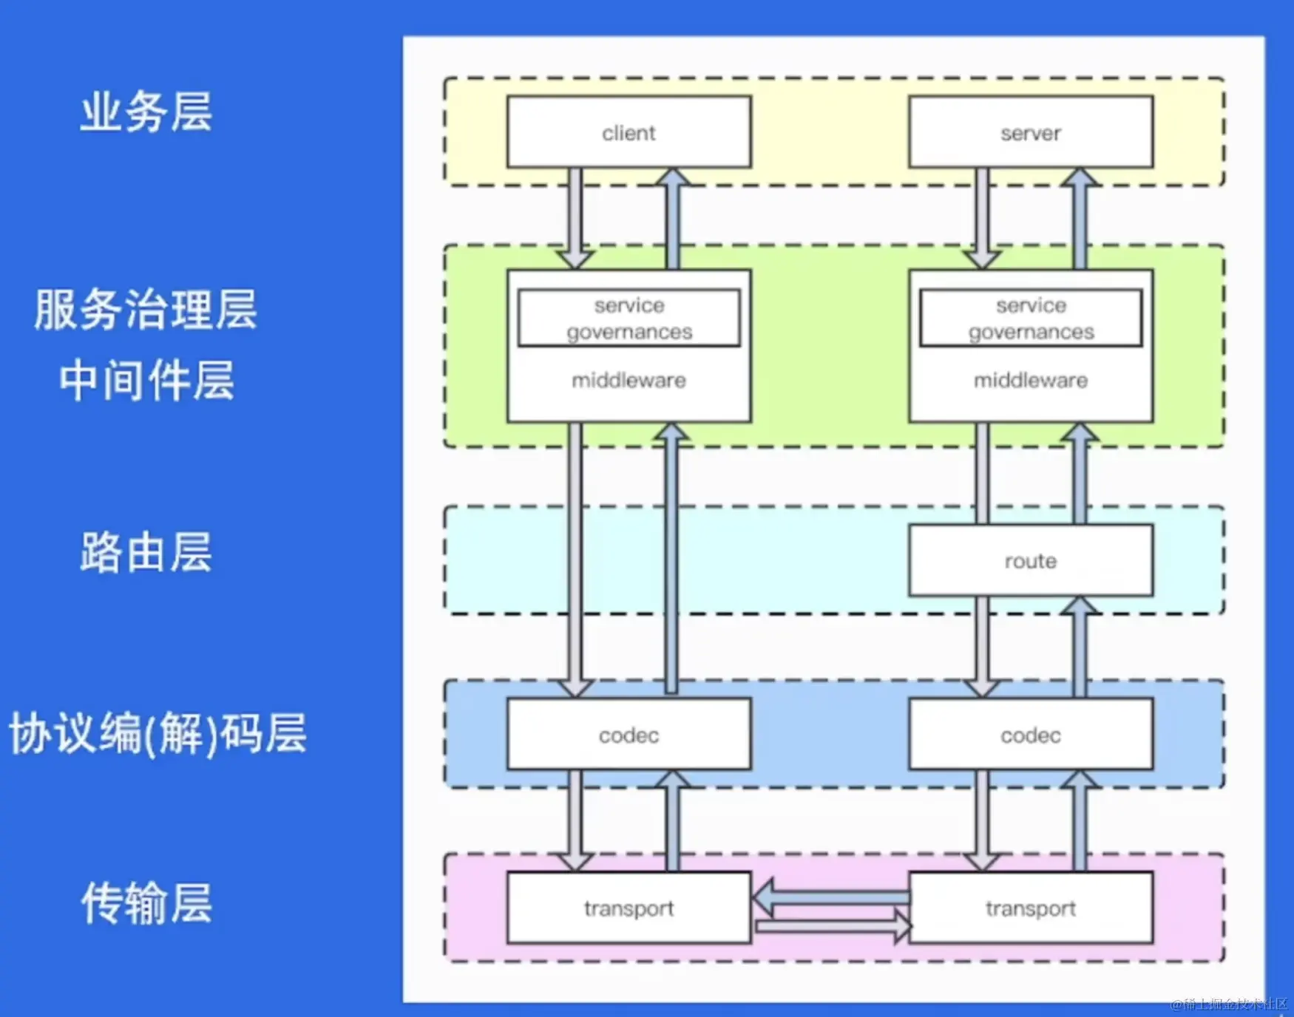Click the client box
[x=629, y=132]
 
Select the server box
[x=1030, y=132]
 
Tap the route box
[x=1030, y=560]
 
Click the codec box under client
[x=629, y=735]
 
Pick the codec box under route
[x=1030, y=735]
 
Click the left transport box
[x=629, y=908]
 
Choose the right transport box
[x=1030, y=908]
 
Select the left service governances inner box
[x=629, y=319]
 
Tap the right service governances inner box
[x=1030, y=319]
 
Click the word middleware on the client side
[x=629, y=380]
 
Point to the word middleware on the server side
[x=1030, y=380]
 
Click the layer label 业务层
[x=146, y=112]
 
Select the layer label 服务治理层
[x=146, y=309]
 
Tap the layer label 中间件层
[x=146, y=380]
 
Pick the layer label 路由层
[x=146, y=552]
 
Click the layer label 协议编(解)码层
[x=157, y=734]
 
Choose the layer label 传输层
[x=146, y=902]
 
